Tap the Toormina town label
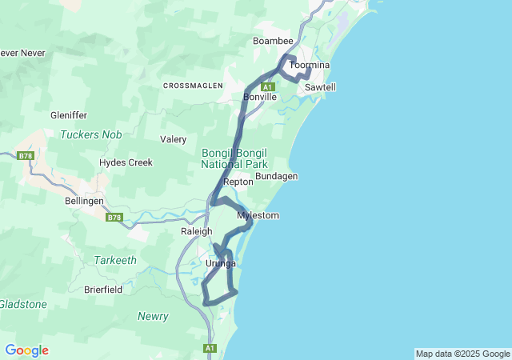point(310,65)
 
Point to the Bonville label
point(260,97)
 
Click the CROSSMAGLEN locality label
point(193,85)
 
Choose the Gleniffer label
point(68,115)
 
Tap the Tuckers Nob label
point(90,134)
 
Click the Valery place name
point(173,139)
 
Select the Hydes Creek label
point(126,162)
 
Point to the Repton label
point(238,182)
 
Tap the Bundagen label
point(277,176)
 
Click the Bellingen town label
point(85,202)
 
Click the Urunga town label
point(221,263)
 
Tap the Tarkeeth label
point(115,260)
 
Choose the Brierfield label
point(103,290)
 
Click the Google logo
point(26,350)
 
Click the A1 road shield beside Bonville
point(267,86)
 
